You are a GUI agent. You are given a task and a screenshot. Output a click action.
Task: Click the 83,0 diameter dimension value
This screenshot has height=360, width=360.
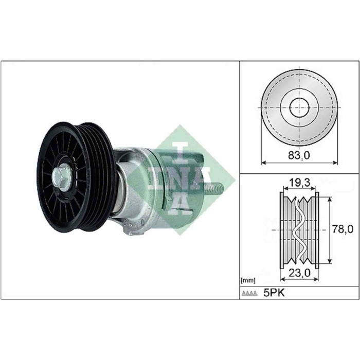299,153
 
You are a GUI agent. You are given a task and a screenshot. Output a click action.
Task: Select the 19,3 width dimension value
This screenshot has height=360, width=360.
299,182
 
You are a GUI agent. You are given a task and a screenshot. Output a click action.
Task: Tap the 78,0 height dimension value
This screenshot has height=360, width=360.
338,229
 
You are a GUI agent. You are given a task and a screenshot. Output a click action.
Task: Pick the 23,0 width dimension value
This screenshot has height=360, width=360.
299,275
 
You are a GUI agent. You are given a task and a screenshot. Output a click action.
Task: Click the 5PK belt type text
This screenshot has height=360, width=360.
275,293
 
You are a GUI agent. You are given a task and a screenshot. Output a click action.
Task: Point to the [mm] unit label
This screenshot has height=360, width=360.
248,281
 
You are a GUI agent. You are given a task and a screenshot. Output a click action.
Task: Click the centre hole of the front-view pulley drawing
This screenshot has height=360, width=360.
299,108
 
